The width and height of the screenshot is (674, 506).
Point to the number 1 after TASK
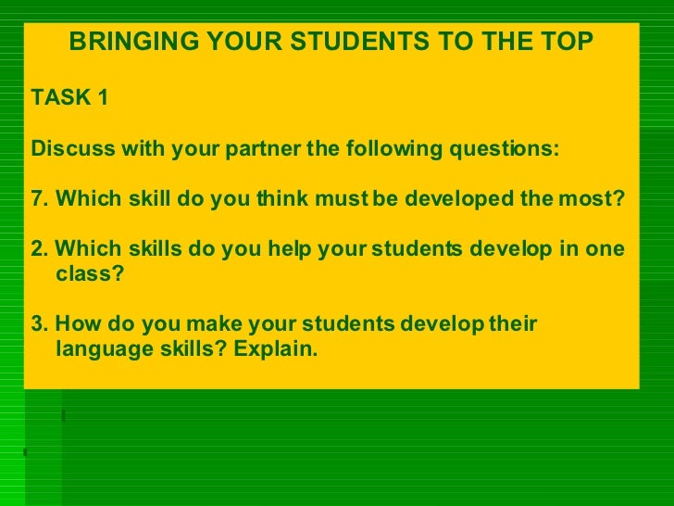pos(102,96)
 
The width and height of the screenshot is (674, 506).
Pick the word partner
pos(261,149)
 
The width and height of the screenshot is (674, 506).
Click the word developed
pos(448,200)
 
